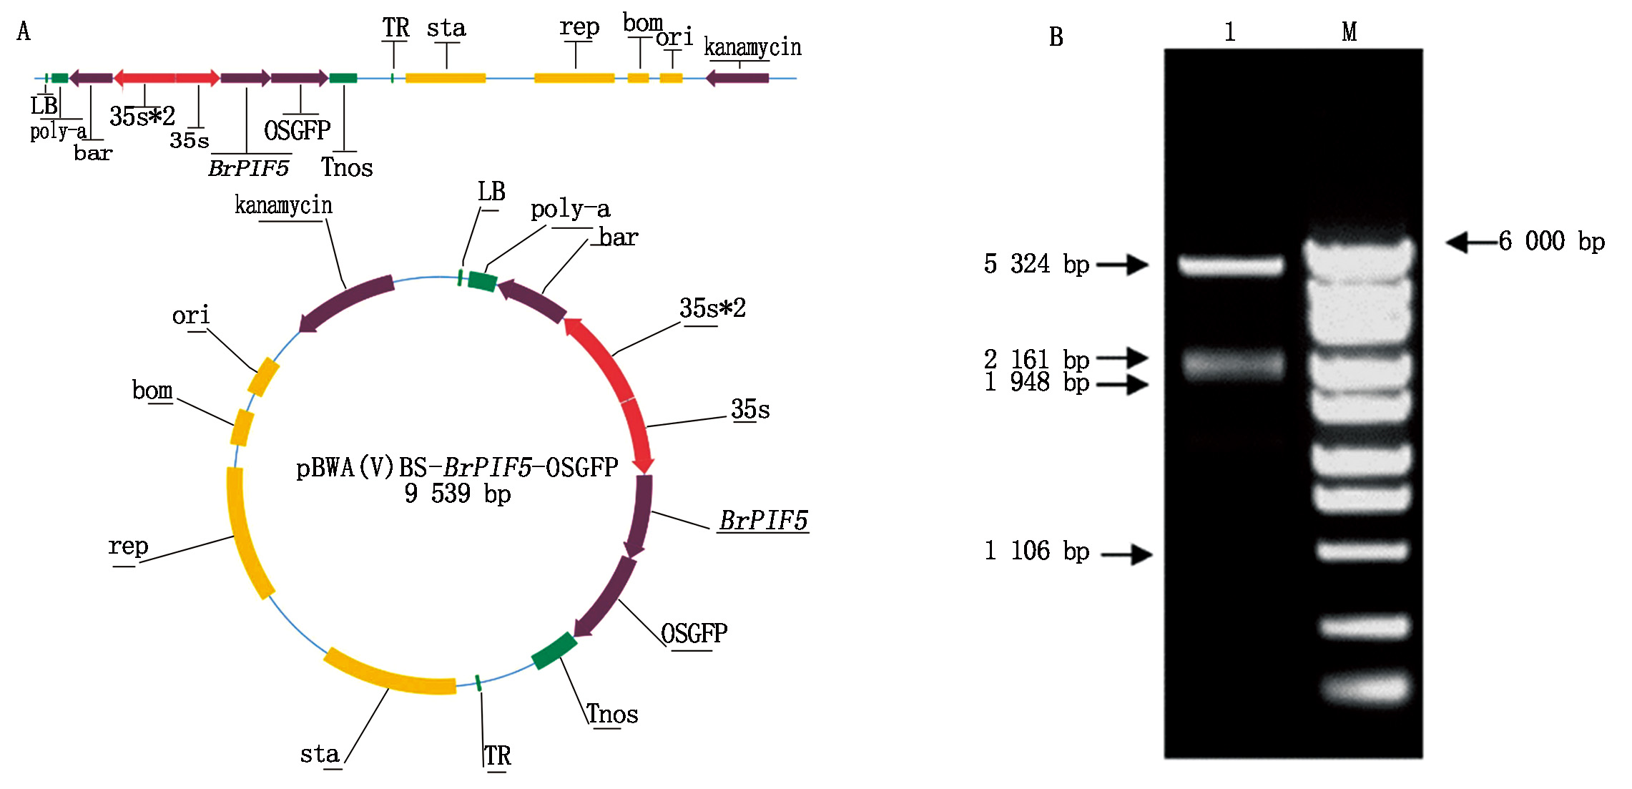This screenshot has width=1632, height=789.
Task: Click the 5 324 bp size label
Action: point(1036,265)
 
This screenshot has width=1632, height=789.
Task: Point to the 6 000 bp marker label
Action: point(1551,242)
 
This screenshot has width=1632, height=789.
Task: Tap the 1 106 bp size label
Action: point(1036,552)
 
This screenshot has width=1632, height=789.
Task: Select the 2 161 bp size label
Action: point(1036,358)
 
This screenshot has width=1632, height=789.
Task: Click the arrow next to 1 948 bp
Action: point(1123,385)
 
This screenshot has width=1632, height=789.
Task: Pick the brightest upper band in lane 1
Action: point(1231,266)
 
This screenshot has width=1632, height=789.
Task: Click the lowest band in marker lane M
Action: point(1365,688)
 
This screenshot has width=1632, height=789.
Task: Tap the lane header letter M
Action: point(1349,32)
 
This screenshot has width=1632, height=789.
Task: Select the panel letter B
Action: point(1056,37)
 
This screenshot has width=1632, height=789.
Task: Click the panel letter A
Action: point(24,31)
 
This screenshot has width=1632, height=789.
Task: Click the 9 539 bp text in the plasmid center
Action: point(457,494)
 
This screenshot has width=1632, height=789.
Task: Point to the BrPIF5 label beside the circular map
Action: point(763,521)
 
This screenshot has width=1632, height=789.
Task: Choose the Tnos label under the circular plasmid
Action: point(612,714)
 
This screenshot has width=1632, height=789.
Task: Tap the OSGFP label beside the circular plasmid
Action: point(694,634)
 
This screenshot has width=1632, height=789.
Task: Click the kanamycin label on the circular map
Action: point(283,206)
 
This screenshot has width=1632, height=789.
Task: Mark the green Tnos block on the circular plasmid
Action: point(554,651)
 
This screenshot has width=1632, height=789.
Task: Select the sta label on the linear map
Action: point(446,29)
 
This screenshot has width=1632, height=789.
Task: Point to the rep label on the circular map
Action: point(128,547)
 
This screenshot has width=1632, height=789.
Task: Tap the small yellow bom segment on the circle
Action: point(242,428)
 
